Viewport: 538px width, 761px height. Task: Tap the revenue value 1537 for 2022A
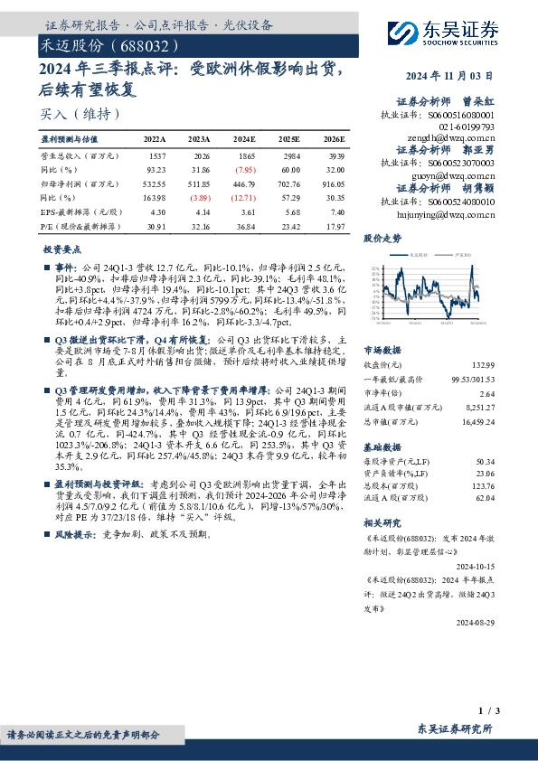pyautogui.click(x=156, y=156)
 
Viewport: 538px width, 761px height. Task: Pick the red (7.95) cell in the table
pyautogui.click(x=244, y=169)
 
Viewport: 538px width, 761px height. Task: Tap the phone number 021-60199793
pyautogui.click(x=464, y=128)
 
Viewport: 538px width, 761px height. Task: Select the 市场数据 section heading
pyautogui.click(x=382, y=348)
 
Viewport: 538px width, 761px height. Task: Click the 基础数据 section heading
pyautogui.click(x=382, y=446)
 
